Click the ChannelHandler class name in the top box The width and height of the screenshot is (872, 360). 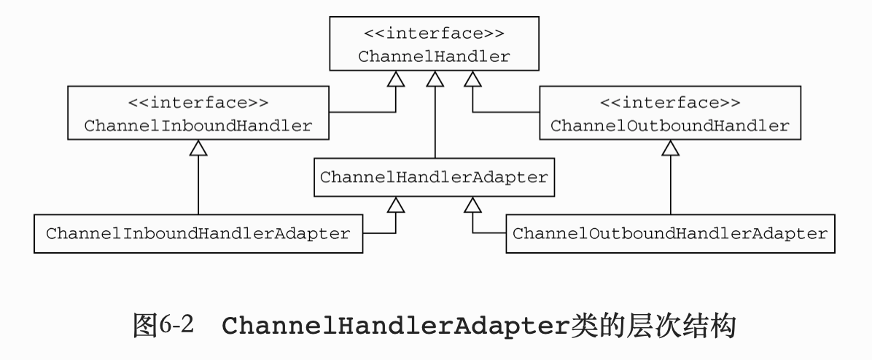[x=434, y=57]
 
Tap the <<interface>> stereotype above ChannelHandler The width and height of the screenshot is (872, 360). [x=434, y=34]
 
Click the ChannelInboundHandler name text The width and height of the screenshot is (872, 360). [x=198, y=125]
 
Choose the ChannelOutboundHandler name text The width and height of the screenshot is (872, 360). [x=669, y=125]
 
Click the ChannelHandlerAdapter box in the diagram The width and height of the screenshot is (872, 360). [x=434, y=177]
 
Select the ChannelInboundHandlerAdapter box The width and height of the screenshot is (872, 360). [x=198, y=234]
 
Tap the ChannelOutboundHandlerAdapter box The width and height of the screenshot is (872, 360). [x=669, y=234]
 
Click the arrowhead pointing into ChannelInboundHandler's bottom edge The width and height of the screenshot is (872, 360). [x=198, y=148]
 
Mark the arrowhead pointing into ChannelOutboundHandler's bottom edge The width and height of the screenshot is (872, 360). [x=670, y=148]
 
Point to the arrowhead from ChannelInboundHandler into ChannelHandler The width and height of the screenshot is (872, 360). [x=395, y=79]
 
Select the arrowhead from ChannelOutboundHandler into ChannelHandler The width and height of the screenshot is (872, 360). [x=472, y=79]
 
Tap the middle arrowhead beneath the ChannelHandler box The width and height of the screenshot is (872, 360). [x=435, y=79]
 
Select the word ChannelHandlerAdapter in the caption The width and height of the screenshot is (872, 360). [x=393, y=326]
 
